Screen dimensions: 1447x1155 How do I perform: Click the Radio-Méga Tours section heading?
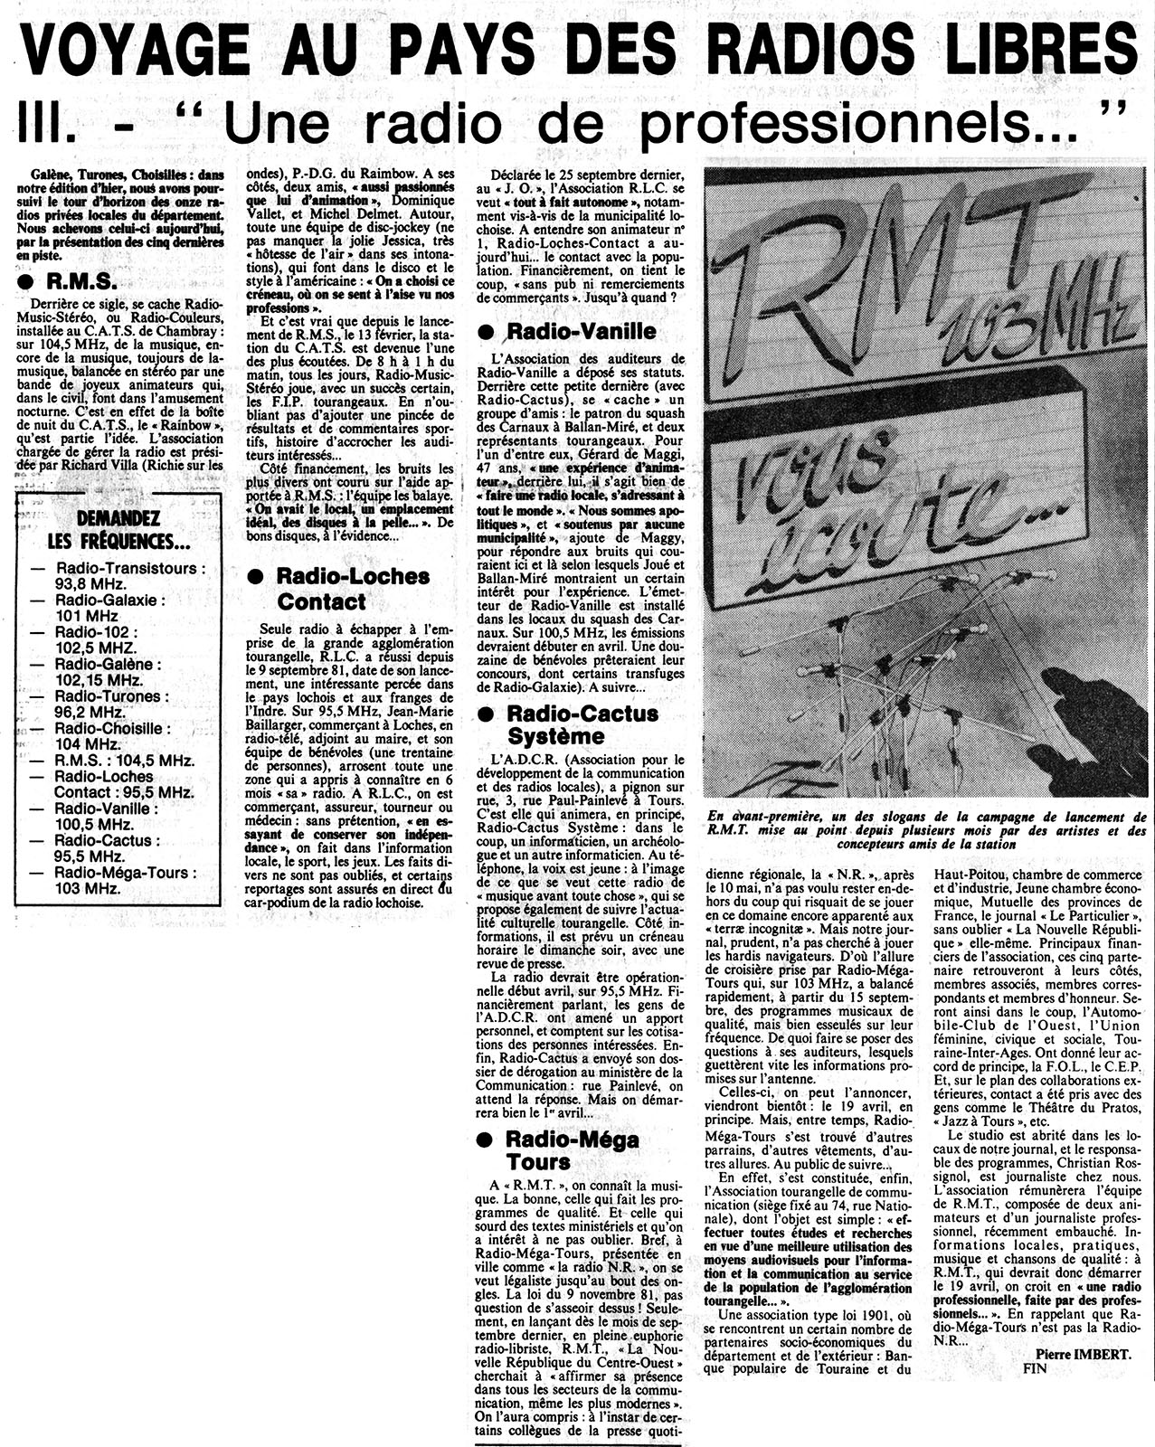pos(572,1150)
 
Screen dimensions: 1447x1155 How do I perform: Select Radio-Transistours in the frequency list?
pos(130,568)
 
